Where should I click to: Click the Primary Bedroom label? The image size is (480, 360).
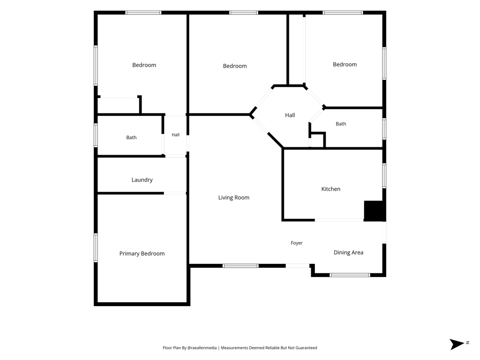tap(142, 254)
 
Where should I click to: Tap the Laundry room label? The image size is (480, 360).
tap(142, 180)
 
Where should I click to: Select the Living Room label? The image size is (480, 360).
tap(234, 198)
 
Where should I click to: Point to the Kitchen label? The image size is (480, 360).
tap(331, 189)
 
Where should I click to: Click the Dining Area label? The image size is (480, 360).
tap(348, 253)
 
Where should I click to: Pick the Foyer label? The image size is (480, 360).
tap(297, 243)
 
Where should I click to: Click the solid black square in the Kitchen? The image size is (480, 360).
tap(374, 210)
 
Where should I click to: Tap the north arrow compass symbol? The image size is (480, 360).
tap(457, 344)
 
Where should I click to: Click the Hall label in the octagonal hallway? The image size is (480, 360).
tap(290, 115)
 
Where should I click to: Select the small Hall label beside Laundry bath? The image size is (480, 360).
tap(175, 135)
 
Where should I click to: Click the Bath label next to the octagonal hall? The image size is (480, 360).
tap(341, 124)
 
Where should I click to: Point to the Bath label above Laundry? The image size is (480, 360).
tap(131, 137)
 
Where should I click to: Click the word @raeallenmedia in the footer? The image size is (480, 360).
tap(202, 348)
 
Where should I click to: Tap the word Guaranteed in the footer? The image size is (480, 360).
tap(306, 348)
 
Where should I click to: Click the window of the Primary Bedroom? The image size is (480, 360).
tap(96, 247)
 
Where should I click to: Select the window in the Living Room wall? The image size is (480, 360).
tap(240, 266)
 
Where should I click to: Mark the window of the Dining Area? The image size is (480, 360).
tap(350, 275)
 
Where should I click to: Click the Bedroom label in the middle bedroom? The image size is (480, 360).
tap(235, 66)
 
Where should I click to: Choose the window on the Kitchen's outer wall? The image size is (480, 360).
tap(384, 175)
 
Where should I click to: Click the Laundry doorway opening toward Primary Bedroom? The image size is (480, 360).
tap(175, 193)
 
